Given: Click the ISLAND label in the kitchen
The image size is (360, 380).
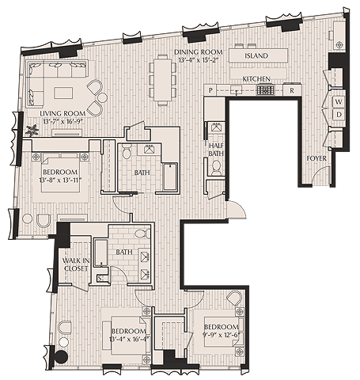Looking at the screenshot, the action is [256, 55].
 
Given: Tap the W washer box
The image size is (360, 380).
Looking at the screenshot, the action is [339, 101].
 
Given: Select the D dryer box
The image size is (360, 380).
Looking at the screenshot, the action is [339, 114].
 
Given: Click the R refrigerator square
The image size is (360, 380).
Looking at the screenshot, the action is [292, 90].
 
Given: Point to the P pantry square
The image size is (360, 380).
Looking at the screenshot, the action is [210, 90].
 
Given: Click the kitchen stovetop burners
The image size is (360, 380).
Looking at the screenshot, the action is [266, 90].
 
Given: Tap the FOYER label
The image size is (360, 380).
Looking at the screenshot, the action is [316, 158].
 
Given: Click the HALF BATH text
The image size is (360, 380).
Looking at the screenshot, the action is [216, 150].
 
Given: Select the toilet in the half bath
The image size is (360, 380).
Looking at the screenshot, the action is [217, 168].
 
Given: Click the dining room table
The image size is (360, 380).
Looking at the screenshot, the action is [162, 80].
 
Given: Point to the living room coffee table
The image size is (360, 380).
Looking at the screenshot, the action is [63, 93].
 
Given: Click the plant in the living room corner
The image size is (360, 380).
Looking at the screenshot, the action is [32, 130].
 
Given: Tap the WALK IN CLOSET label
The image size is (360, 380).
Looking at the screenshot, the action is [76, 264].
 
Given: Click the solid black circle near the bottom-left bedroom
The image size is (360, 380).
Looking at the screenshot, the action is [61, 356].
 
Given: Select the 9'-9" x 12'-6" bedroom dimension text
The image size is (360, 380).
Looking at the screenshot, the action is [221, 335].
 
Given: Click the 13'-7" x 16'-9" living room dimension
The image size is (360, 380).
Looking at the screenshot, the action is [62, 122].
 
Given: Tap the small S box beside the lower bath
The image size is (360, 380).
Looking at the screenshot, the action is [99, 278].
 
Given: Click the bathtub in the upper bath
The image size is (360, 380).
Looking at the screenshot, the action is [170, 177].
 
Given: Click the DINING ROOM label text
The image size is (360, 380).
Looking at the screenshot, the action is [198, 52].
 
